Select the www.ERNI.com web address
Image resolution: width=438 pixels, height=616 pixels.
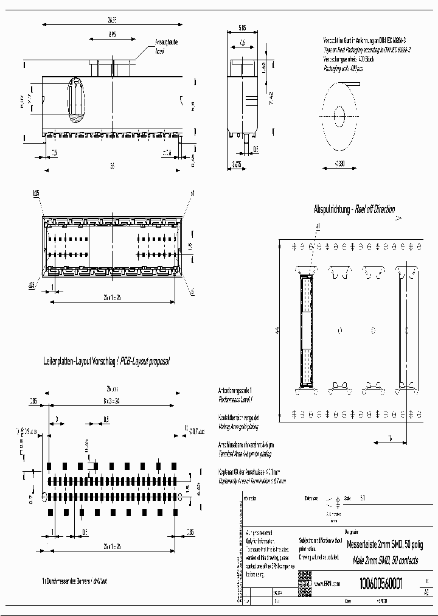click(x=327, y=583)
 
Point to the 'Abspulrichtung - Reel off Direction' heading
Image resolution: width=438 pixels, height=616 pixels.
click(x=354, y=209)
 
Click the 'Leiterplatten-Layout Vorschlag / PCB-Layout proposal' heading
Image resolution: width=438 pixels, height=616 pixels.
click(x=106, y=361)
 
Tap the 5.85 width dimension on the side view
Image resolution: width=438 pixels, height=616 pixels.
click(x=242, y=27)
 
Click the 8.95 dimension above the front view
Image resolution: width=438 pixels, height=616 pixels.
click(x=113, y=36)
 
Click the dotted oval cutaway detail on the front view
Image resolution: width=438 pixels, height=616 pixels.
click(x=76, y=100)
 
